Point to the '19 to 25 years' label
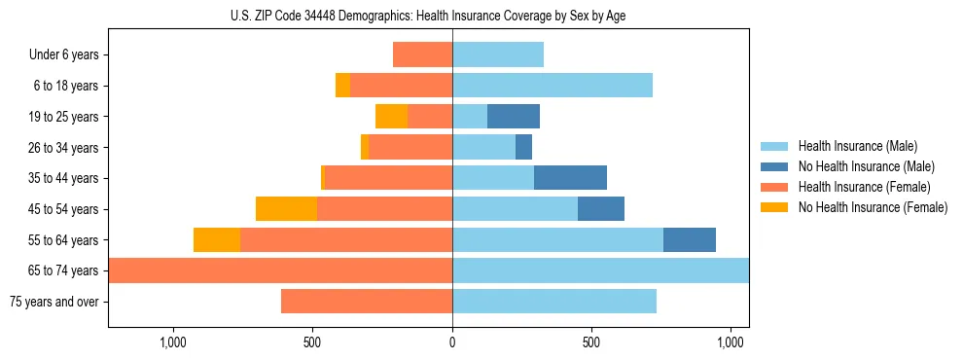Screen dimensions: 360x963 tap(63, 117)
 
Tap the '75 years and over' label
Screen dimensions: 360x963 tap(54, 302)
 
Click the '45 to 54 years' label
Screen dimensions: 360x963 tap(63, 209)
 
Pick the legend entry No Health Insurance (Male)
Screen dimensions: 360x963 tap(865, 166)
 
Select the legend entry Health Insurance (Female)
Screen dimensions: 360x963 tap(863, 187)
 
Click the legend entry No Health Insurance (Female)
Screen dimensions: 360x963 tap(872, 207)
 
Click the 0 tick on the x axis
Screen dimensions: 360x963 tap(452, 342)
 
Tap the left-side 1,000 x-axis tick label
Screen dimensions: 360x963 tap(172, 342)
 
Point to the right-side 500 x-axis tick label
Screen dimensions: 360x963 tap(591, 342)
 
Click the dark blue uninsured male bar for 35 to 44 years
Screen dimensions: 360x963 tap(570, 178)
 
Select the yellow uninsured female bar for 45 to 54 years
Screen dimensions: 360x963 tap(286, 209)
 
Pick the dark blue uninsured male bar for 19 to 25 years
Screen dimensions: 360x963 tap(513, 117)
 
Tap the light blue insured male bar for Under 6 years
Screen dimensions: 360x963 tap(498, 54)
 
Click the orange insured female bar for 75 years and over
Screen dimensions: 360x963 tap(367, 302)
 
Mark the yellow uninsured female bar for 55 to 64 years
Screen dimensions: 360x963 tap(217, 240)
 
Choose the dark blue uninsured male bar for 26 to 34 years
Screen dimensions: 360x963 tap(523, 148)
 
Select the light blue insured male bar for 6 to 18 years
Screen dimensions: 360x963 tap(553, 86)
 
